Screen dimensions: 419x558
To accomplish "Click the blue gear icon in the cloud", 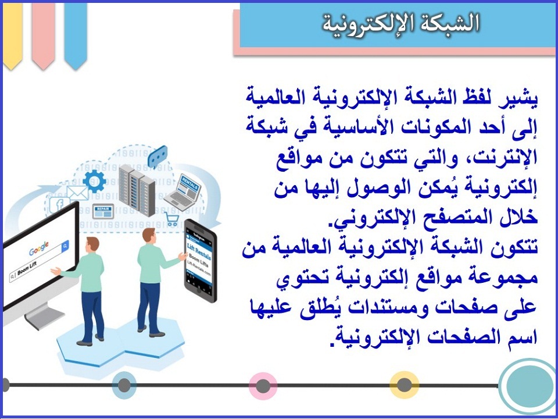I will [94, 180].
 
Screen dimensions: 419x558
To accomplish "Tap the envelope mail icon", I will [77, 193].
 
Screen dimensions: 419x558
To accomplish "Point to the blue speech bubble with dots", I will [157, 154].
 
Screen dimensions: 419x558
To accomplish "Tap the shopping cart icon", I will [172, 219].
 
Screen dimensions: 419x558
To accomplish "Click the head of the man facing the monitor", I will [91, 244].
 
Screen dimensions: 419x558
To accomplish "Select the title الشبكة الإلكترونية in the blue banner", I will [401, 23].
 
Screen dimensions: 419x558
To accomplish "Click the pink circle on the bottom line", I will [263, 386].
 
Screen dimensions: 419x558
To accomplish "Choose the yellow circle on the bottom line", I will [404, 385].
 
